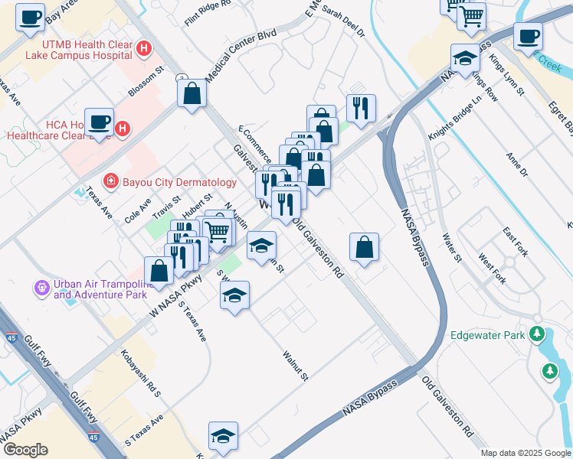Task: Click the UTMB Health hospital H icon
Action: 143,49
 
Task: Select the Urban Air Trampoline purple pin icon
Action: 42,288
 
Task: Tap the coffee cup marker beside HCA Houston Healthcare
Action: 99,122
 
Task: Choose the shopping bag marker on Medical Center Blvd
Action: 192,94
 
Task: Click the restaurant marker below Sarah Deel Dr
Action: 359,107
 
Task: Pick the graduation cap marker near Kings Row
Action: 464,57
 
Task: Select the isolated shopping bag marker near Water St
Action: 365,246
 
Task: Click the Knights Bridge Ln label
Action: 454,118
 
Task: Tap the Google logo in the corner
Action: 25,450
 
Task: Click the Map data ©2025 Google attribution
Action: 525,453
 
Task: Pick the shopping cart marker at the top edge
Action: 472,15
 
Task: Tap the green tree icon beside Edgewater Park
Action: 537,335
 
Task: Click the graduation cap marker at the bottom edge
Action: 224,435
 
